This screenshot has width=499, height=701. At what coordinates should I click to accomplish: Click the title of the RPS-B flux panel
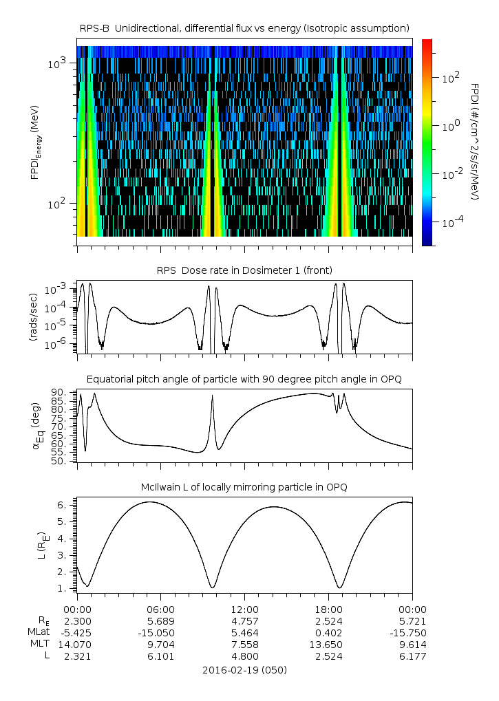point(244,28)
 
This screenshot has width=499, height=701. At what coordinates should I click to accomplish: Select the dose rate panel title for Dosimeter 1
point(244,270)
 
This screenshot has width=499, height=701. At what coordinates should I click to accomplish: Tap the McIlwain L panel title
point(244,487)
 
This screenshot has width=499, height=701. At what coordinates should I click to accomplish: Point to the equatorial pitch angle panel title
point(244,379)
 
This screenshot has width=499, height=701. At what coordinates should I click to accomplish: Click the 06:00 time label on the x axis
point(160,610)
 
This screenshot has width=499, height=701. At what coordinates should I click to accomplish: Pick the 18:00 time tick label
point(328,610)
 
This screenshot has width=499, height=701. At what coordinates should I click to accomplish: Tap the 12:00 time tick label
point(244,610)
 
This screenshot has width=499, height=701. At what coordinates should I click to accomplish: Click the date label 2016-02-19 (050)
point(244,669)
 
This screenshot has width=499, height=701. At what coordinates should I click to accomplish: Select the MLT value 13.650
point(328,645)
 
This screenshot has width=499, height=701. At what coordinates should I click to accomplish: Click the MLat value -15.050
point(160,633)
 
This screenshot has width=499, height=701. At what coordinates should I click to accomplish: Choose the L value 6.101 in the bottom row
point(160,656)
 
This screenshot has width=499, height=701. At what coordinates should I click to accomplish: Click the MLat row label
point(39,633)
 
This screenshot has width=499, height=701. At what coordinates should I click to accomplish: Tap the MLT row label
point(40,645)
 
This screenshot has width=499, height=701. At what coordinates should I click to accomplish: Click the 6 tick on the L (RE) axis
point(61,504)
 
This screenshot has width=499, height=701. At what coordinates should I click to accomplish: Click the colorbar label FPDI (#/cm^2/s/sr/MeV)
point(475,141)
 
